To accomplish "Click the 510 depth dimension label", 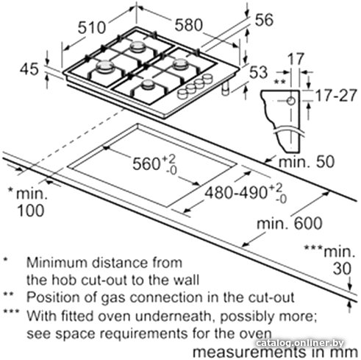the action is pyautogui.click(x=92, y=27).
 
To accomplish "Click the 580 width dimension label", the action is pyautogui.click(x=189, y=25).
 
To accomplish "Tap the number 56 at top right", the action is pyautogui.click(x=264, y=20).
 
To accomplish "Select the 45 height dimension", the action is pyautogui.click(x=29, y=69).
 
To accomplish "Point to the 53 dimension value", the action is pyautogui.click(x=258, y=72).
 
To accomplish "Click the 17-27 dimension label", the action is pyautogui.click(x=335, y=95).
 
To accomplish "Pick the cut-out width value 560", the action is pyautogui.click(x=146, y=163).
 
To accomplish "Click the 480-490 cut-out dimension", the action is pyautogui.click(x=235, y=193).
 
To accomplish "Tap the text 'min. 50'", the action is pyautogui.click(x=307, y=162).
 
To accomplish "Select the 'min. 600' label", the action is pyautogui.click(x=290, y=223).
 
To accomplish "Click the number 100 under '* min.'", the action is pyautogui.click(x=31, y=211).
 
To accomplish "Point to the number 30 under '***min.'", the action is pyautogui.click(x=342, y=269).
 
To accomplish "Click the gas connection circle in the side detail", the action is pyautogui.click(x=291, y=101).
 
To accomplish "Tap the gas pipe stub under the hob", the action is pyautogui.click(x=226, y=88).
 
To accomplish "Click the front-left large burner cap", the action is pyautogui.click(x=105, y=66).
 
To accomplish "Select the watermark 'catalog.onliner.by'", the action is pyautogui.click(x=299, y=342).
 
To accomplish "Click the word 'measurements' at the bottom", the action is pyautogui.click(x=249, y=353).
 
